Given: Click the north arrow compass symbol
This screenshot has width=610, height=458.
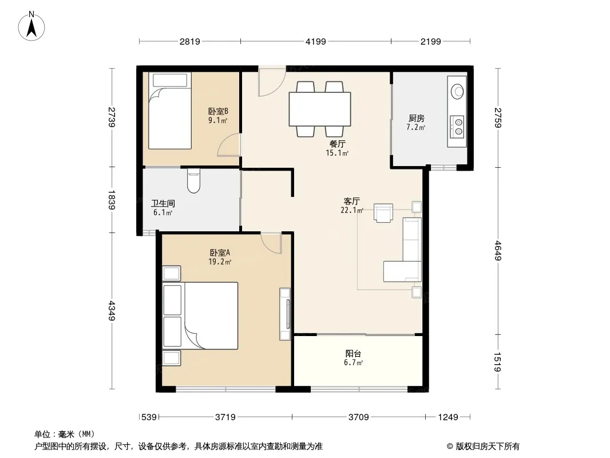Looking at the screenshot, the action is point(31,26).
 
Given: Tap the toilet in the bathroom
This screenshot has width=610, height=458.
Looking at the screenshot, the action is point(193,180).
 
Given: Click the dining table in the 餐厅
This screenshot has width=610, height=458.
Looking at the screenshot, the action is point(320,109).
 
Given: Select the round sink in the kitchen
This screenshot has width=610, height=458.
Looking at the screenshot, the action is point(457,92).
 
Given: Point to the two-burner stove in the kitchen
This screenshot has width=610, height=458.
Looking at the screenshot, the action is point(457,127).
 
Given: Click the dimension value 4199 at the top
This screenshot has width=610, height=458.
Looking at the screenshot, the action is point(315,41).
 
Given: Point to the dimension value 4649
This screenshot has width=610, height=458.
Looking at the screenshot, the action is point(498,251).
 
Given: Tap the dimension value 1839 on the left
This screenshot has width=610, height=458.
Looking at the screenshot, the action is point(112,200).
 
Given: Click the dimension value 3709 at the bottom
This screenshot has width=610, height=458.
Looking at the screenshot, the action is point(358,417).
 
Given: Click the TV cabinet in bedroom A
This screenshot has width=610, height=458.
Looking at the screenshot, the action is point(285,314).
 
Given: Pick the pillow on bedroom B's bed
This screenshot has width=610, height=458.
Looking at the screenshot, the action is point(170,80).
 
